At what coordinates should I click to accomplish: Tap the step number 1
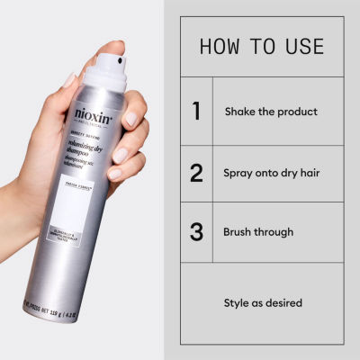click(x=196, y=112)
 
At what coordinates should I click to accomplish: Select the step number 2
click(x=196, y=173)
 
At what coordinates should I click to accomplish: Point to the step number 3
click(x=196, y=231)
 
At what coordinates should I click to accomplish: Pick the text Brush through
click(x=258, y=231)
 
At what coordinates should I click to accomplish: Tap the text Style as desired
click(x=262, y=302)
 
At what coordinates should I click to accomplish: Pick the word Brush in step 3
click(x=238, y=231)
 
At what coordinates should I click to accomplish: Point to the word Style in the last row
click(x=237, y=302)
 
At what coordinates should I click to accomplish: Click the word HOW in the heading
click(x=221, y=46)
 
